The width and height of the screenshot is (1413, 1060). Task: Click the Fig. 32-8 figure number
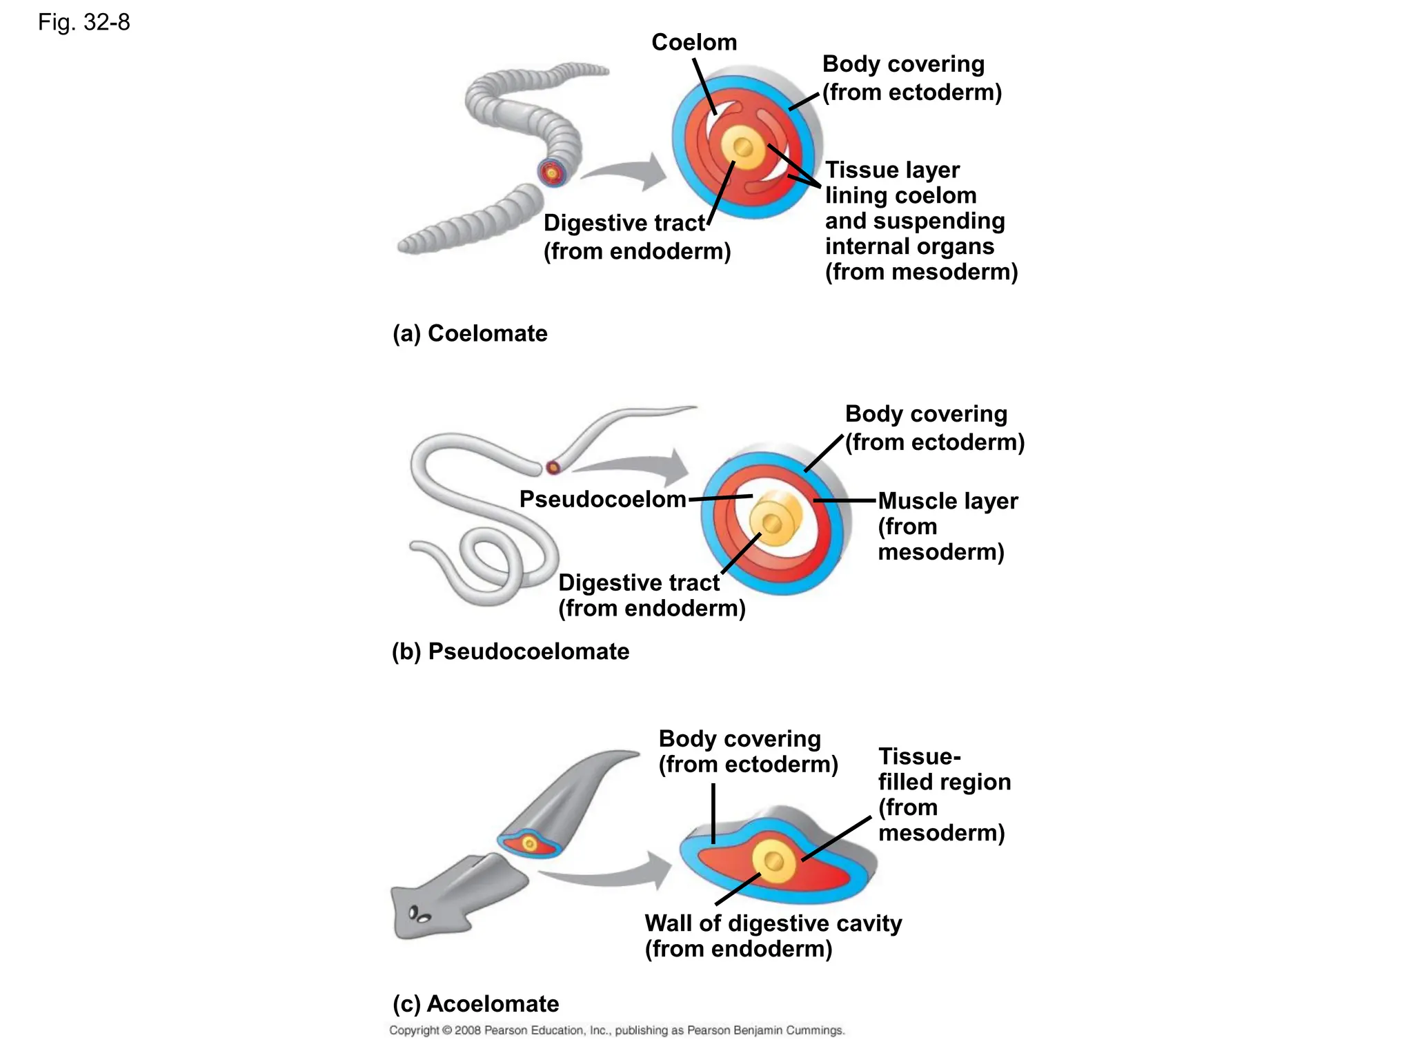point(83,23)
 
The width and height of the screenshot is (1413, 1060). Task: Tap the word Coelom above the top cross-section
point(693,43)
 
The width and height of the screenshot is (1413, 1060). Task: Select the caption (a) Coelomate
point(470,333)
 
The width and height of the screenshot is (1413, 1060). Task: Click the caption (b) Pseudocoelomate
point(510,651)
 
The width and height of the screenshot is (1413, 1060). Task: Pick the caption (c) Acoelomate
point(475,1003)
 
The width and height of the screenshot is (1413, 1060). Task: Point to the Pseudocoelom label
point(602,499)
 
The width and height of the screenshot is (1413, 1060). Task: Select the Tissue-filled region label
point(943,794)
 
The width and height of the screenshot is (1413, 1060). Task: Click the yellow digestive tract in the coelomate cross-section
point(743,147)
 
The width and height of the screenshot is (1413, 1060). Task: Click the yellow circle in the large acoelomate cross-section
point(774,861)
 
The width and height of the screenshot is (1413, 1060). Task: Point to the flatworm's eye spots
point(419,915)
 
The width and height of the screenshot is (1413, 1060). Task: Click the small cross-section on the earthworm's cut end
point(552,173)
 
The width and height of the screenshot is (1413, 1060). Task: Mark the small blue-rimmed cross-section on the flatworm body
point(529,843)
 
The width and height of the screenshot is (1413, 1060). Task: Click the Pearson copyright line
point(617,1030)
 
